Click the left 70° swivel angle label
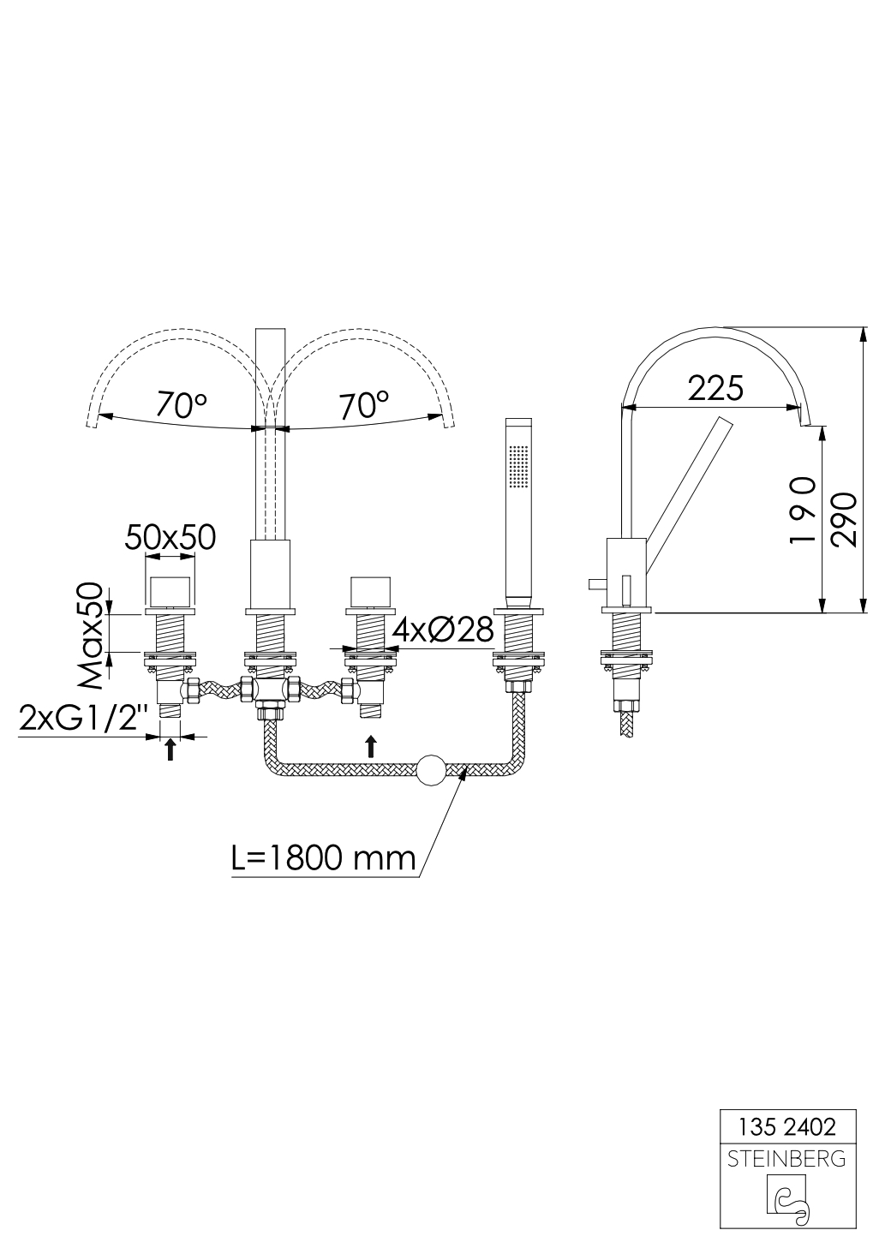point(182,404)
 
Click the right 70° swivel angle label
point(363,404)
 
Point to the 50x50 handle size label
point(170,537)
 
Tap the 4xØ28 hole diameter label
point(443,630)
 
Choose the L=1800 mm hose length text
point(323,857)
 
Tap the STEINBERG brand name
point(786,1160)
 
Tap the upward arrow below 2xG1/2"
point(170,750)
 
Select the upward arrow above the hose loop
point(370,745)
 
